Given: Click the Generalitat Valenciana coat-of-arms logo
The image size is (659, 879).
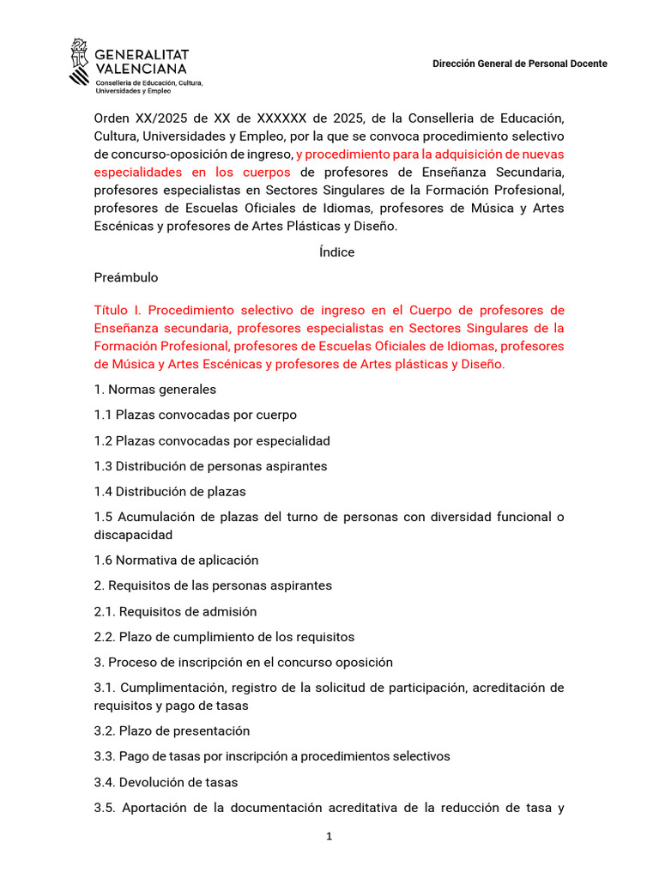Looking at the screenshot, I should click(79, 63).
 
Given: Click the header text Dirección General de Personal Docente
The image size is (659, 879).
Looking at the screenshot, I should click(519, 64).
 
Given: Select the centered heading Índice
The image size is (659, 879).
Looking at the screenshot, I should click(336, 252).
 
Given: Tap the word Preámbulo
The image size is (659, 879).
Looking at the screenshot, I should click(126, 278).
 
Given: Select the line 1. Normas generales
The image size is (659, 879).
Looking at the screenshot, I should click(155, 390).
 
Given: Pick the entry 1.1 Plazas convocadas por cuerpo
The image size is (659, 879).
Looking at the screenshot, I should click(196, 415).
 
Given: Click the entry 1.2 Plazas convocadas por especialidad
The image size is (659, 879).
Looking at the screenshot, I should click(212, 440).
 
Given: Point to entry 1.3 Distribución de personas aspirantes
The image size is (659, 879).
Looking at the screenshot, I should click(210, 466).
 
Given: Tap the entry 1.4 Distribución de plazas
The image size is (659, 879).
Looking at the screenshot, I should click(170, 492).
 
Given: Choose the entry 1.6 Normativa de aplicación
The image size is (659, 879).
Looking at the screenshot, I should click(176, 561).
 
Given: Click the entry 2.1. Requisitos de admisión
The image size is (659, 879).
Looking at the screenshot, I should click(175, 612).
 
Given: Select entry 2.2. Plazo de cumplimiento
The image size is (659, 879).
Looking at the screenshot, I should click(224, 637).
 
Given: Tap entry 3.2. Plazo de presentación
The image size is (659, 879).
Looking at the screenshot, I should click(172, 731).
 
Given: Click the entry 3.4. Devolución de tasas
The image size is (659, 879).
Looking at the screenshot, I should click(166, 782).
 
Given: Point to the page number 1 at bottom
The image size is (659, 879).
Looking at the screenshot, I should click(329, 837).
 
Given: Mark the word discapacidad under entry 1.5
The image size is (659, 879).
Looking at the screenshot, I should click(133, 535).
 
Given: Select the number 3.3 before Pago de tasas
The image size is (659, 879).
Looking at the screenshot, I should click(104, 756).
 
